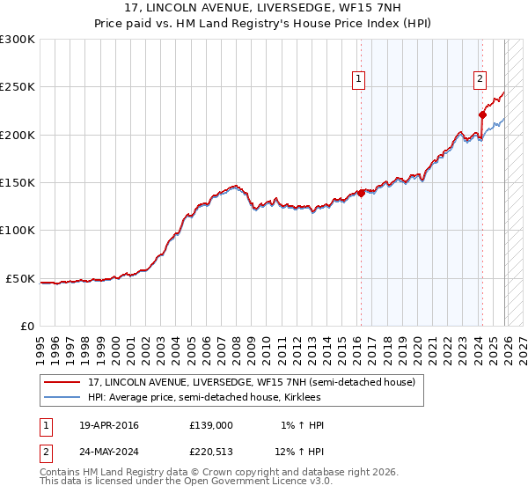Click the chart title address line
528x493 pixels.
(x=264, y=8)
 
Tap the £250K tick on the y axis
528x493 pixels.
(x=18, y=87)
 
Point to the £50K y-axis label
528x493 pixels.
(x=20, y=278)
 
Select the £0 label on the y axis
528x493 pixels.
(x=26, y=326)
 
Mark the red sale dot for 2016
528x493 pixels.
(x=361, y=194)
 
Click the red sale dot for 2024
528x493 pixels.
(x=482, y=114)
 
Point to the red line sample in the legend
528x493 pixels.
(x=62, y=382)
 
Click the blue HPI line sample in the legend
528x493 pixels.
(x=62, y=397)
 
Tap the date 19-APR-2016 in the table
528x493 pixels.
(x=109, y=425)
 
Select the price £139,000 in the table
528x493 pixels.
(x=211, y=425)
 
